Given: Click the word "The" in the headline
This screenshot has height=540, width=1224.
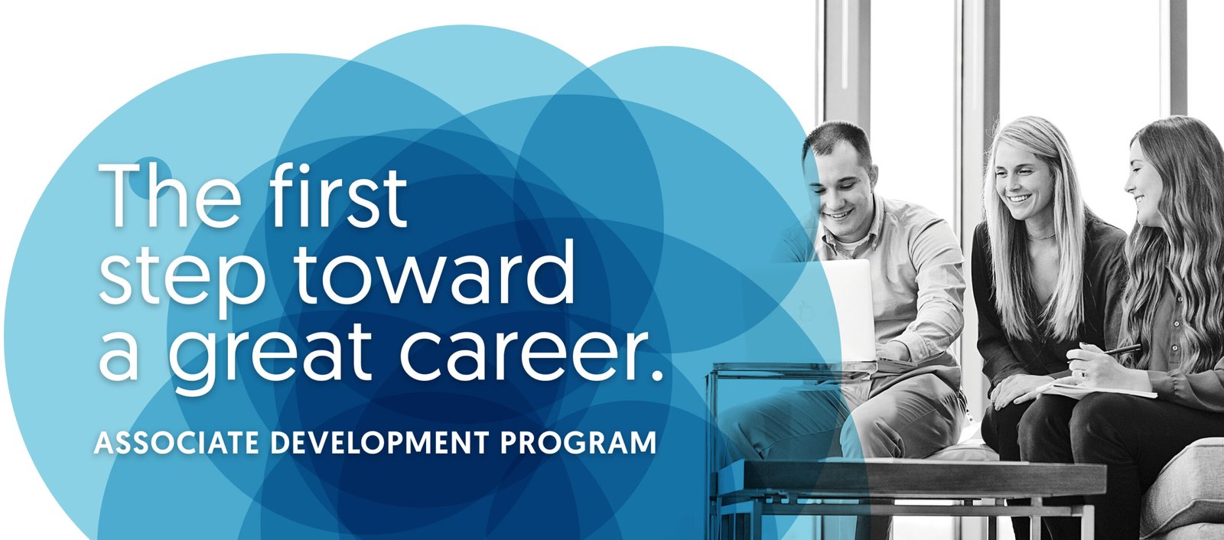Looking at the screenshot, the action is tap(169, 196).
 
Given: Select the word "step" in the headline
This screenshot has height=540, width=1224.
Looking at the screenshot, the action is tap(182, 276).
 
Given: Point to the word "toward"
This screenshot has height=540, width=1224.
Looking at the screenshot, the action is tap(435, 271).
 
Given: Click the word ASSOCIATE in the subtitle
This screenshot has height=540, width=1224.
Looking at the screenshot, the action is tap(177, 443).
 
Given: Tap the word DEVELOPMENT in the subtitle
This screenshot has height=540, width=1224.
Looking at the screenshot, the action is tap(379, 443).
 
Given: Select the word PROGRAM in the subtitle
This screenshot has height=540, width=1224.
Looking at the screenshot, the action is tap(578, 443).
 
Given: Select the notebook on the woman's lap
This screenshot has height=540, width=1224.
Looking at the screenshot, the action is tap(1099, 389).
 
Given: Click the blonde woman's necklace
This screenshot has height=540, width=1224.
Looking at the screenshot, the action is tap(1041, 236).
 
